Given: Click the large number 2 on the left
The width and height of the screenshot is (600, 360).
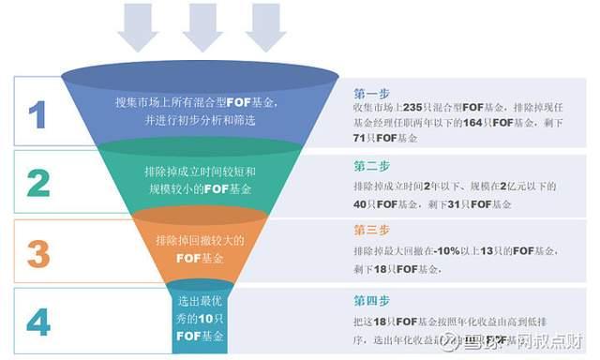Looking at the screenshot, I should click(x=37, y=182).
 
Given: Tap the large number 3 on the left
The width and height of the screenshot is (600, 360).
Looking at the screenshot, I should click(x=37, y=252).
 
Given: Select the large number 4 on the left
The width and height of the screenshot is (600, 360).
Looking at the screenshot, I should click(x=37, y=322).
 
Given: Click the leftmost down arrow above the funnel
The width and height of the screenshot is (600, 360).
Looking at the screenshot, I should click(x=138, y=26).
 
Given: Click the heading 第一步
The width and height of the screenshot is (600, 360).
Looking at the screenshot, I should click(x=371, y=94).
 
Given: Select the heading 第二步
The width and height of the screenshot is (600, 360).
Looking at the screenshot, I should click(x=371, y=166).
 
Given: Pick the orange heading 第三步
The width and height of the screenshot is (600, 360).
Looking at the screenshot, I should click(x=371, y=230).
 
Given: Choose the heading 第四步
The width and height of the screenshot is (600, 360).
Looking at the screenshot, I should click(x=371, y=301).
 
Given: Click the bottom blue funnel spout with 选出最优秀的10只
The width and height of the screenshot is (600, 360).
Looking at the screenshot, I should click(x=200, y=319).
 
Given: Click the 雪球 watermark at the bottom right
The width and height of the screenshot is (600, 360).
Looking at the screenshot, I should click(x=469, y=340).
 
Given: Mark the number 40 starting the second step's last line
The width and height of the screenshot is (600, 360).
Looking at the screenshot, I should click(x=361, y=202).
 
